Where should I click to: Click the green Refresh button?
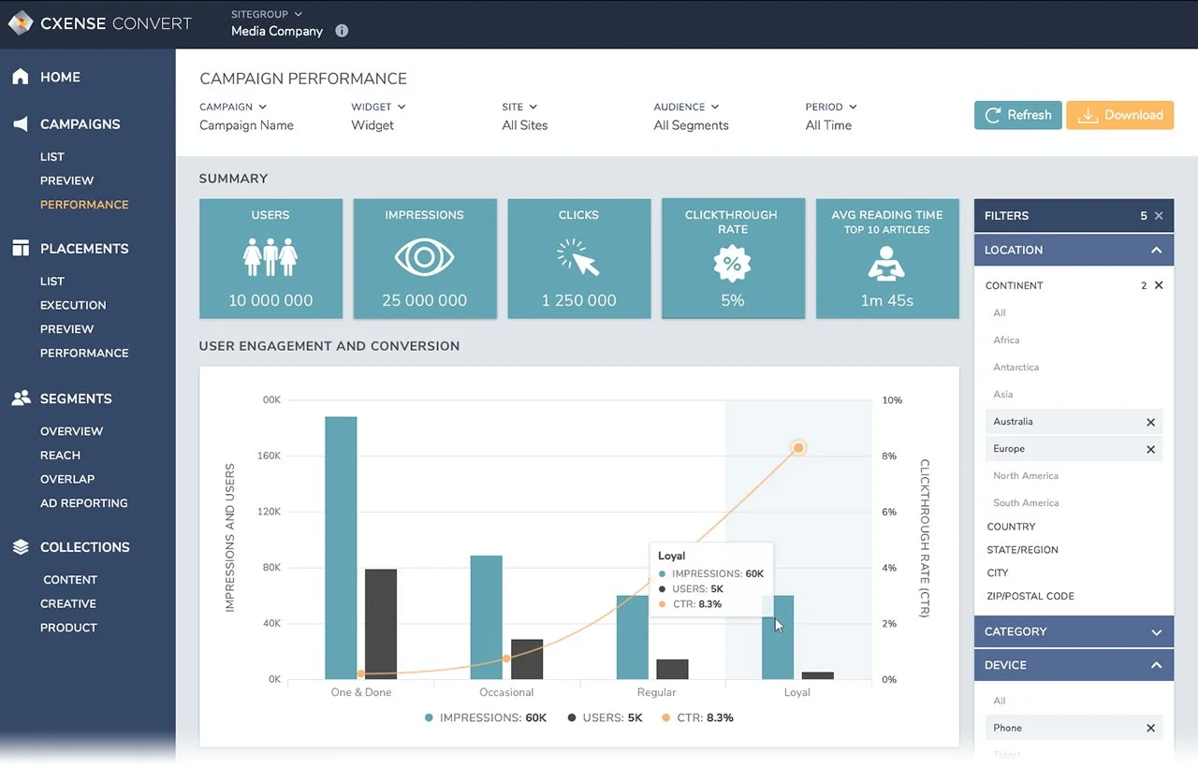point(1017,115)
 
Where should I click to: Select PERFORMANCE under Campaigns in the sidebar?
point(84,205)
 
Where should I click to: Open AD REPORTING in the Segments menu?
point(83,503)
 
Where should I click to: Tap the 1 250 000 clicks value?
point(578,300)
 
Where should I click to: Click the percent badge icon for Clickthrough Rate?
point(732,264)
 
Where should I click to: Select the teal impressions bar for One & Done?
point(341,548)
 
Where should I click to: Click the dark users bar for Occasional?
point(527,659)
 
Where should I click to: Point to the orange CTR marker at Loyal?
point(798,448)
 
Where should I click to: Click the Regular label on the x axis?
point(656,692)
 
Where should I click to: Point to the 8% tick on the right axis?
point(889,456)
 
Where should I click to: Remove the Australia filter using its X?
point(1150,423)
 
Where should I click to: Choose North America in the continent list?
point(1026,476)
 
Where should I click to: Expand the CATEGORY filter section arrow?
point(1156,632)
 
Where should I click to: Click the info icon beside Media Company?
point(342,31)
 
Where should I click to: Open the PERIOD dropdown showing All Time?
point(830,117)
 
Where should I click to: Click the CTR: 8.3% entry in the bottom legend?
point(697,718)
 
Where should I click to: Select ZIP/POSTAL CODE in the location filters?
point(1030,597)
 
